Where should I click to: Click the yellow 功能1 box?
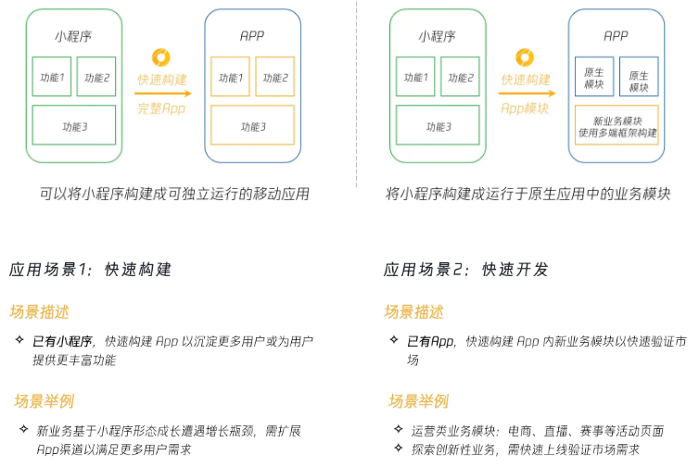[231, 77]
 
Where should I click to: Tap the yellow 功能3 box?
[252, 125]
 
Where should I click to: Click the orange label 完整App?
[161, 108]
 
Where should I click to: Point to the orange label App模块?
[525, 108]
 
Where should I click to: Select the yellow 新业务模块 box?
[616, 126]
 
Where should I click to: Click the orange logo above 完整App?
[161, 57]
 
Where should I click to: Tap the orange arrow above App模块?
[527, 93]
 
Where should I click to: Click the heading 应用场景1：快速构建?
[91, 270]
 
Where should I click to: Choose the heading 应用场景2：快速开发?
[466, 270]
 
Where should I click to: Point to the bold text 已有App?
[430, 341]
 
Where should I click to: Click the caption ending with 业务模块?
[527, 195]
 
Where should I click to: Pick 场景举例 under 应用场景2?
[418, 401]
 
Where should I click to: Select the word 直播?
[558, 431]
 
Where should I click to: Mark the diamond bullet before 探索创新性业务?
[395, 449]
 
